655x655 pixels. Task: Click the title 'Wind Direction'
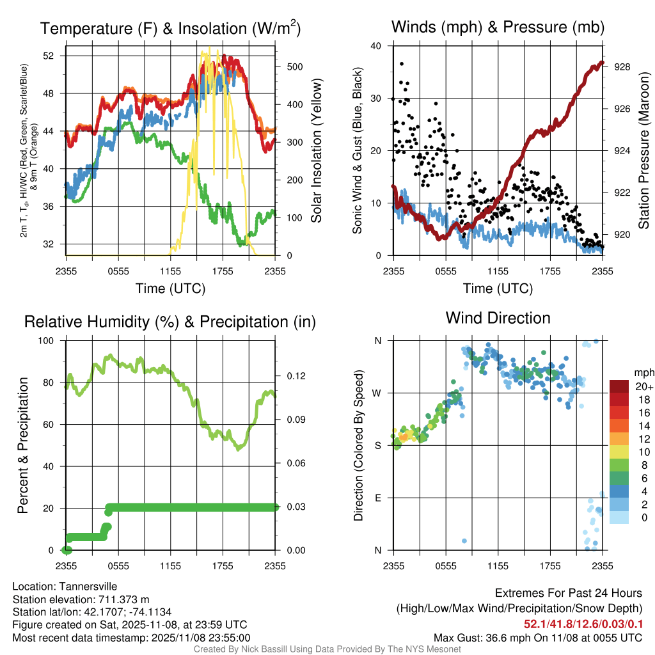(498, 318)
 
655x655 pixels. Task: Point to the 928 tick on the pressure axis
(622, 67)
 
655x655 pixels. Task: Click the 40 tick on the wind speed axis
(376, 46)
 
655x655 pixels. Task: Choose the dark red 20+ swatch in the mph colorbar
(620, 386)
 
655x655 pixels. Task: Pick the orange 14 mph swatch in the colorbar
(620, 425)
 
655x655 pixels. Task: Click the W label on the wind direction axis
(378, 393)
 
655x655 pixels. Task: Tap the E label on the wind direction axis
(379, 498)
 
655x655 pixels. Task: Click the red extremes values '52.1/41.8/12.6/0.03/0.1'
(583, 624)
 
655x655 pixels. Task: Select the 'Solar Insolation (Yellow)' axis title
(316, 151)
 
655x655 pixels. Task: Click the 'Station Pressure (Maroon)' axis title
(643, 151)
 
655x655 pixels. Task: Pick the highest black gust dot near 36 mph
(401, 64)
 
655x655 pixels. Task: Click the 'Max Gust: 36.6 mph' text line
(537, 637)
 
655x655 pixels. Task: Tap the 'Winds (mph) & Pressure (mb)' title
(498, 28)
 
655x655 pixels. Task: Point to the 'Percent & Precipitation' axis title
(22, 445)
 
